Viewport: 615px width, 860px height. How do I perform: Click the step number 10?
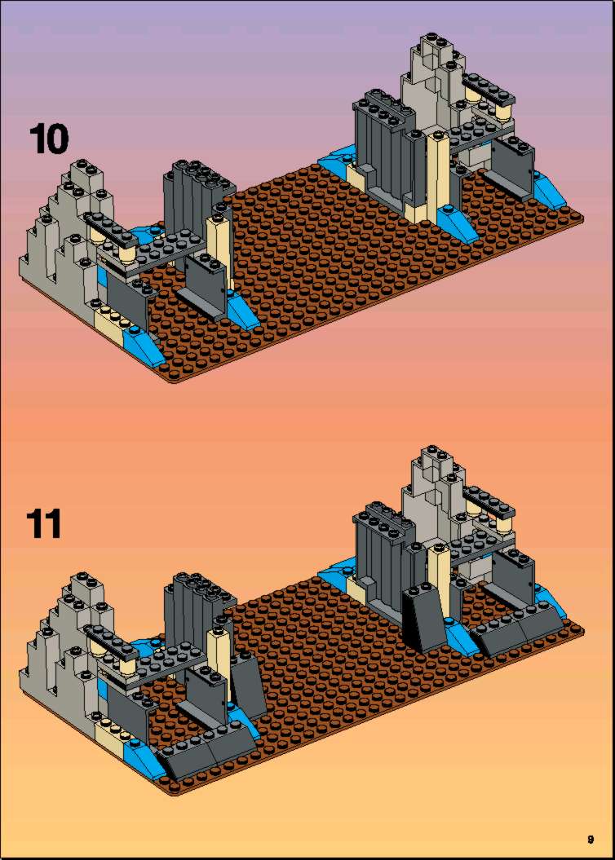coord(49,139)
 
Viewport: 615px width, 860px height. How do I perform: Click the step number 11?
coord(44,524)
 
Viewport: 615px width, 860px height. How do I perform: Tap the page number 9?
coord(591,839)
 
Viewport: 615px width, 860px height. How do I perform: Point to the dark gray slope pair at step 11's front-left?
coord(207,751)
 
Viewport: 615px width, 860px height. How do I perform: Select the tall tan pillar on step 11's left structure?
coord(219,658)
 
